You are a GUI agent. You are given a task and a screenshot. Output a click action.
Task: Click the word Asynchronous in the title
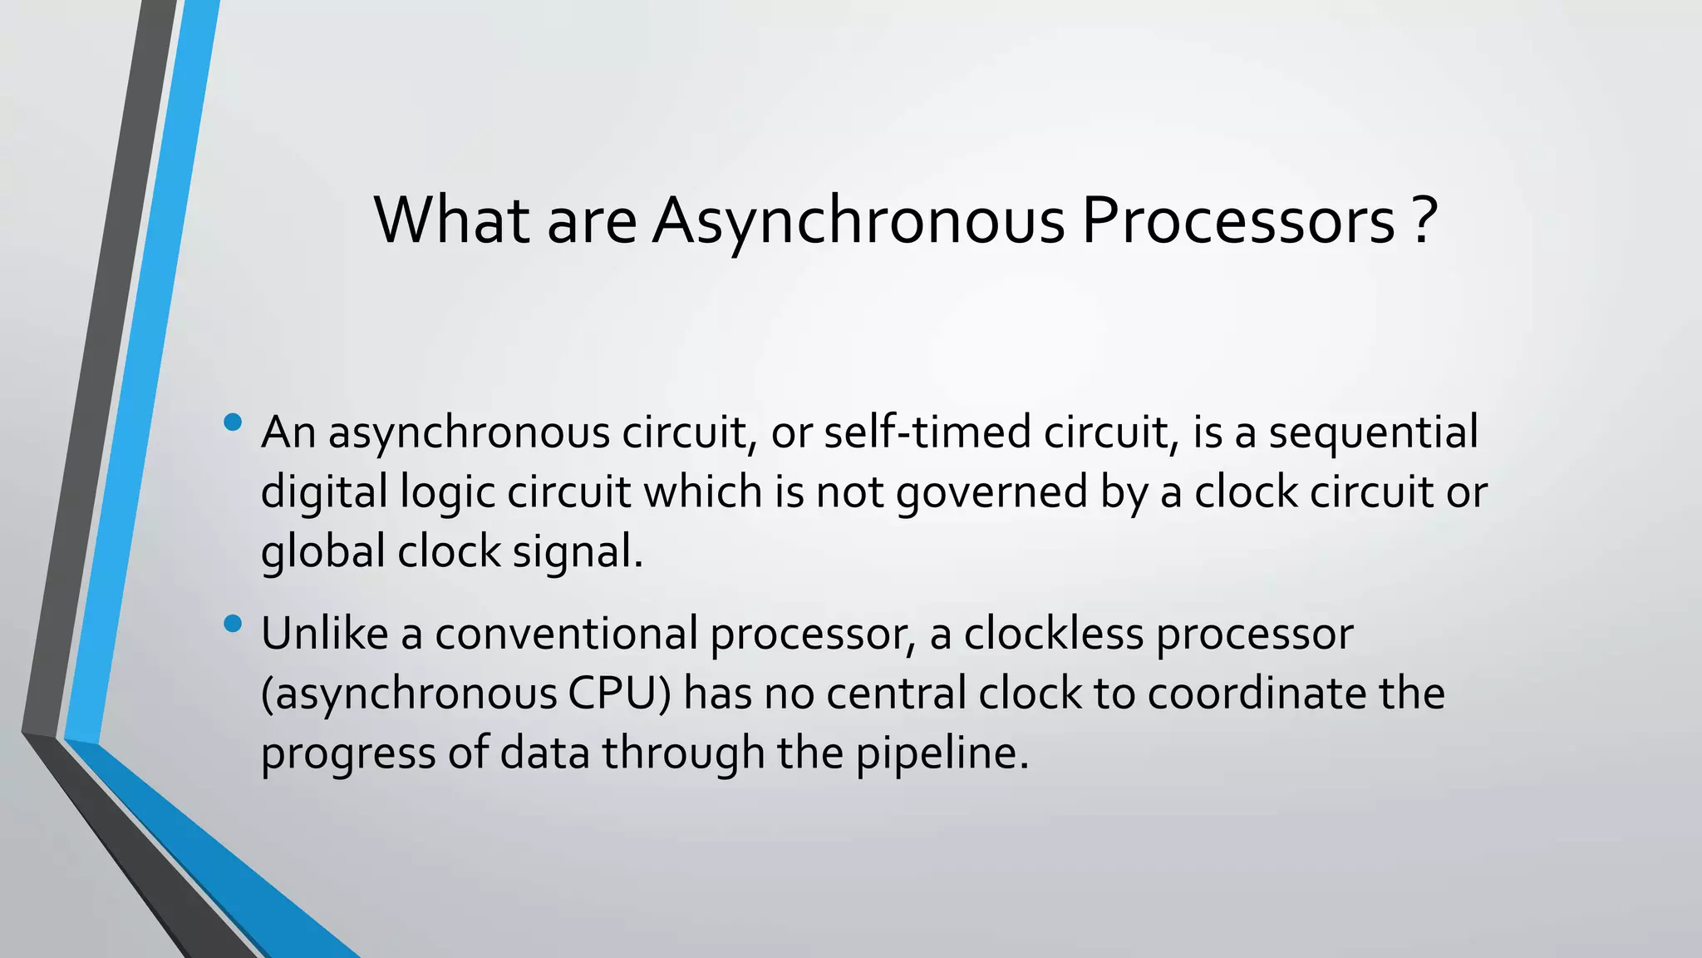858,221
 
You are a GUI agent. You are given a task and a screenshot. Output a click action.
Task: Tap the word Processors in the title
1238,221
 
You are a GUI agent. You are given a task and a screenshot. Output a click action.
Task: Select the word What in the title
452,221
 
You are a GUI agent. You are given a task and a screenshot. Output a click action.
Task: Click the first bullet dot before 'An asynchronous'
233,422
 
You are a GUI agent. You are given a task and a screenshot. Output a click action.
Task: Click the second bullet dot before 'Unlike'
233,623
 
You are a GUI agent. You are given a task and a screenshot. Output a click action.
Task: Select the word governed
991,492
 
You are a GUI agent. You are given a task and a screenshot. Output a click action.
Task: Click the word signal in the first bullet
573,551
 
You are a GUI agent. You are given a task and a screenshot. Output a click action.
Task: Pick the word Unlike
324,634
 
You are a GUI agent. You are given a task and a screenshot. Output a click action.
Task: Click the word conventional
566,634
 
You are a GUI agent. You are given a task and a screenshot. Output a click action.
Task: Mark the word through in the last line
683,753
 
